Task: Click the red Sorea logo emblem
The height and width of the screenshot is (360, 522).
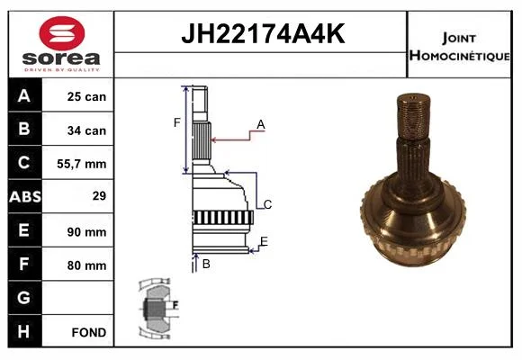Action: (x=62, y=33)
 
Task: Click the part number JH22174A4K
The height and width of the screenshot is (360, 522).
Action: (x=263, y=33)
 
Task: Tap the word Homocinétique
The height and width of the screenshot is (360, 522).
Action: (x=459, y=56)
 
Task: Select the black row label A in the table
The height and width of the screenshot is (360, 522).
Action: (x=24, y=96)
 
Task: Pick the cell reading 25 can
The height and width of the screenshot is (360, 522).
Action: (x=86, y=96)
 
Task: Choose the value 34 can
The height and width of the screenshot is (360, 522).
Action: (x=86, y=130)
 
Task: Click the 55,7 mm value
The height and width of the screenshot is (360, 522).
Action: (x=82, y=164)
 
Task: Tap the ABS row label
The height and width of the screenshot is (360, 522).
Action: (x=25, y=197)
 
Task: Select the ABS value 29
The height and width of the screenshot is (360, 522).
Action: (x=99, y=196)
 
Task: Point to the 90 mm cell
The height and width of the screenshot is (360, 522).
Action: (x=86, y=232)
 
